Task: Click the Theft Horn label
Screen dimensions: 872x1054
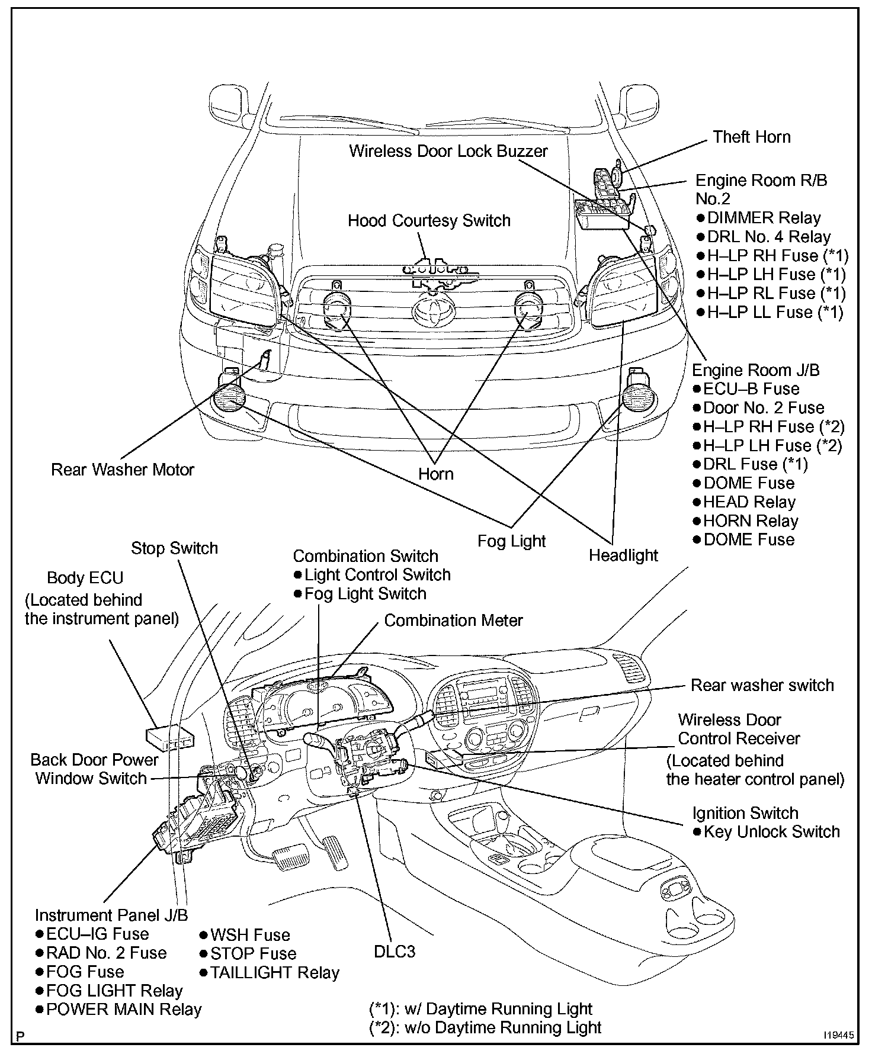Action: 751,137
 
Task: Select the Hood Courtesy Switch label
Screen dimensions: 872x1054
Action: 429,221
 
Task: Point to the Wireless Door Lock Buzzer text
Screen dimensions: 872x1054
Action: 448,151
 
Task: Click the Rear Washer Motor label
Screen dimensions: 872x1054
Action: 123,470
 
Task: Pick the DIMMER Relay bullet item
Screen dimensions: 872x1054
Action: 759,218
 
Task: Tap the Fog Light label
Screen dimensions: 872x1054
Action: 512,541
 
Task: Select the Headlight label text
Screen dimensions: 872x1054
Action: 623,555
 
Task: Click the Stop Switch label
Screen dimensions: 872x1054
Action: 174,548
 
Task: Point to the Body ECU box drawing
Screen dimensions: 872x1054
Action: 170,737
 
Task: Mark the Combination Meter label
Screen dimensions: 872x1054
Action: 453,620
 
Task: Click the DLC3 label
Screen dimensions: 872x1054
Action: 395,951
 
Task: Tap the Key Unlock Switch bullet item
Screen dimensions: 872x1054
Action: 767,831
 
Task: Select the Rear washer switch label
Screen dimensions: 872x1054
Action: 762,685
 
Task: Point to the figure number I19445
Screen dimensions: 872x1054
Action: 838,1036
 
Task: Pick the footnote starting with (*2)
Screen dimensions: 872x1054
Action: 485,1027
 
